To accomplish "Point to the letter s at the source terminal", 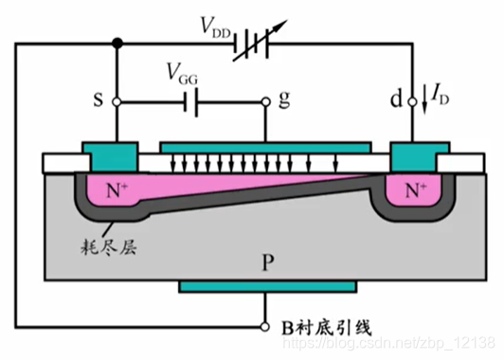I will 98,100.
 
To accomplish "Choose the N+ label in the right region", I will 415,189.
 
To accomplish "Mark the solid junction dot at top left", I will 116,43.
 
